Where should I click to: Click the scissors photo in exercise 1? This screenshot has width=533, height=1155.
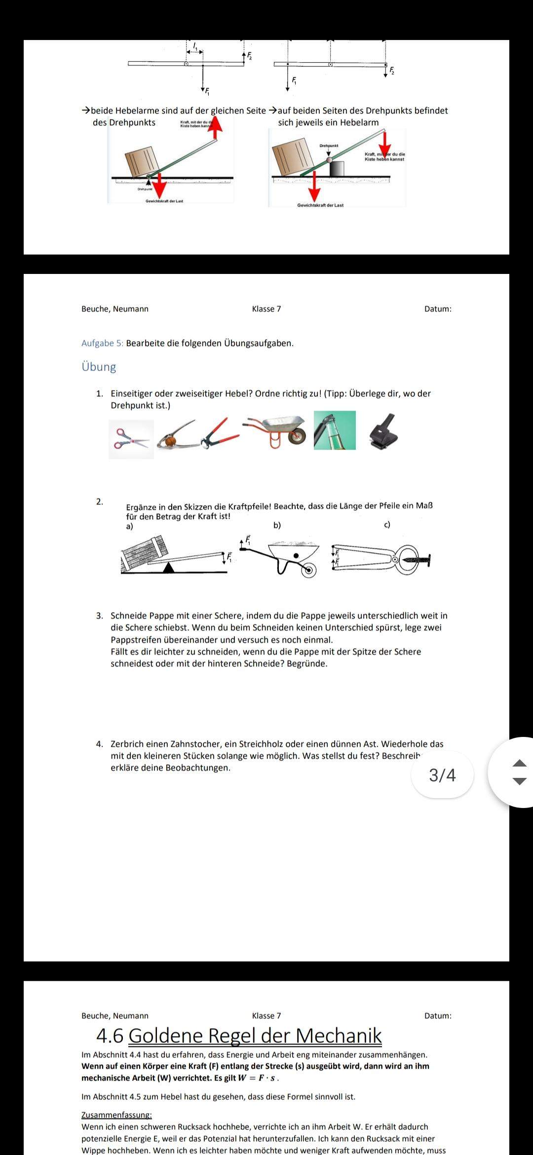click(131, 439)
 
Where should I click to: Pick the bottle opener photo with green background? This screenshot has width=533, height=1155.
click(335, 430)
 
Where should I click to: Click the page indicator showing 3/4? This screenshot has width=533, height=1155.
click(442, 774)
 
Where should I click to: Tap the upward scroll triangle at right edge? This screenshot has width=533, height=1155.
click(519, 763)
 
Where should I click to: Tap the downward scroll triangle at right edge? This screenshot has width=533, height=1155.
click(519, 781)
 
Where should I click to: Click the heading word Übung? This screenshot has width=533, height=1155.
click(99, 367)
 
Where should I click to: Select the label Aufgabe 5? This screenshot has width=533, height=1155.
click(102, 343)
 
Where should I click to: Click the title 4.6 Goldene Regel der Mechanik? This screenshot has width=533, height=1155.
click(239, 1036)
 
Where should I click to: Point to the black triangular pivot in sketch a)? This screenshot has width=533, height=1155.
click(169, 568)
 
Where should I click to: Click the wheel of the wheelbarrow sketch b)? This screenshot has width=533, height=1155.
click(309, 570)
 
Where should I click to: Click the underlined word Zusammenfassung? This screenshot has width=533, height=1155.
click(116, 1115)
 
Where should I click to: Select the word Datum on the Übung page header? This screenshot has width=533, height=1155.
click(437, 309)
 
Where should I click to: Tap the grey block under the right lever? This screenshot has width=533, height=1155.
click(337, 168)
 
